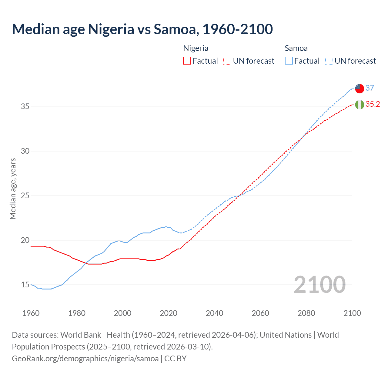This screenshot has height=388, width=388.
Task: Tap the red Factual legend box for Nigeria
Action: click(187, 61)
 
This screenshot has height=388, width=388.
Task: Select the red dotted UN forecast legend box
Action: click(227, 61)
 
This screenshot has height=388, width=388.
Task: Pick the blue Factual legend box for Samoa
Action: click(289, 61)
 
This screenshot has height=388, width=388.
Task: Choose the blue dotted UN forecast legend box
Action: click(329, 61)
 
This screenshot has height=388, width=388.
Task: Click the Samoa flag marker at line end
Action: click(360, 89)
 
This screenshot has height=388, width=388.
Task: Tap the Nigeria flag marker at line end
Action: click(360, 105)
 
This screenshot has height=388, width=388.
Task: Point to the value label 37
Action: click(370, 88)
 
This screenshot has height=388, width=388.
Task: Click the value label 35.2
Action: click(373, 104)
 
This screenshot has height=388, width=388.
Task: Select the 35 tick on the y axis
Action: click(25, 107)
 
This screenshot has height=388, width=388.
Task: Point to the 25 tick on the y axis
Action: click(25, 196)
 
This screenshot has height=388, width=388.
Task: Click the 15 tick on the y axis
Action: click(25, 285)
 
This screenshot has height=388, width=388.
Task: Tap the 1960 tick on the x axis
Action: click(31, 313)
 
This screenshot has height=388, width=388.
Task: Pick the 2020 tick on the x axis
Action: click(169, 313)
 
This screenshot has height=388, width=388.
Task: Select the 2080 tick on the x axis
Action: click(306, 313)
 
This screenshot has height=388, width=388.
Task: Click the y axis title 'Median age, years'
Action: click(13, 189)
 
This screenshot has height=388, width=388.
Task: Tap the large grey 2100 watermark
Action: click(319, 284)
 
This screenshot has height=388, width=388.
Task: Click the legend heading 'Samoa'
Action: click(296, 48)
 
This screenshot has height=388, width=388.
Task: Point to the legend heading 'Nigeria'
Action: click(196, 48)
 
